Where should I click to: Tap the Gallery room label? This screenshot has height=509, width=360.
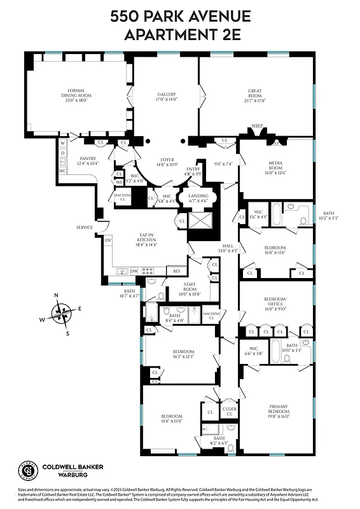tap(167, 97)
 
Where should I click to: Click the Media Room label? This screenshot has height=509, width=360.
tap(277, 167)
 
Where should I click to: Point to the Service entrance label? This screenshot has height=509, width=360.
tap(85, 227)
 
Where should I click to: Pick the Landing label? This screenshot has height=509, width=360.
tap(199, 197)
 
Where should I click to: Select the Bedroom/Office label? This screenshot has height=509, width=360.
tap(277, 300)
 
